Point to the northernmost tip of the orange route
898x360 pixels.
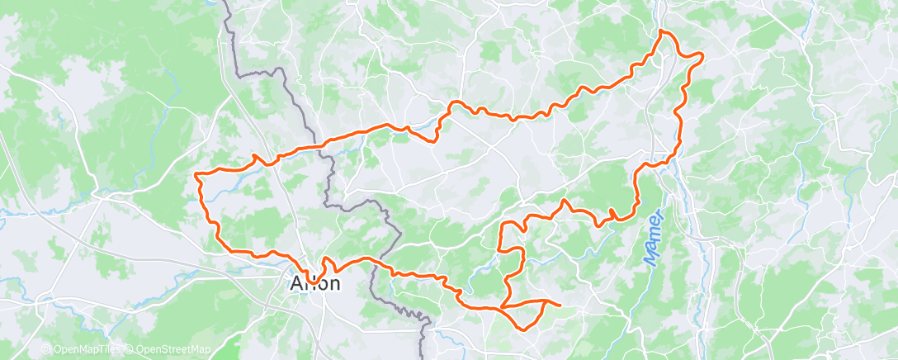click(x=661, y=31)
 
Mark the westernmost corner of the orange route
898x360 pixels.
click(x=196, y=173)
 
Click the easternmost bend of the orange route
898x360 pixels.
click(x=702, y=55)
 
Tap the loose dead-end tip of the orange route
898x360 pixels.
click(x=560, y=305)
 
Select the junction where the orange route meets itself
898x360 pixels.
click(x=502, y=307)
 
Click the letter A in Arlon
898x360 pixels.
click(x=295, y=283)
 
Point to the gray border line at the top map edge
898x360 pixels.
click(x=224, y=3)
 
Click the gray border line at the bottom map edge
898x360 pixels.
click(x=422, y=355)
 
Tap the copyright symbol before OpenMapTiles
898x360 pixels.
click(x=47, y=350)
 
